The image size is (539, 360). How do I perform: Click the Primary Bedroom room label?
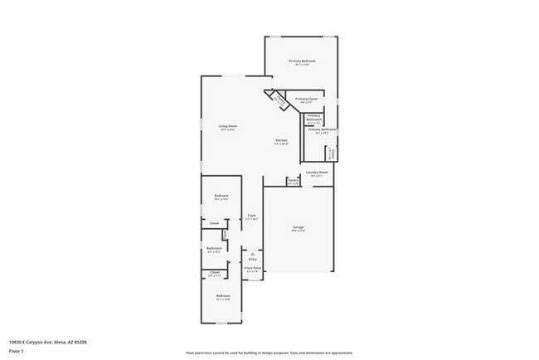coord(302,61)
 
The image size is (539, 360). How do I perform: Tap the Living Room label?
coord(227,126)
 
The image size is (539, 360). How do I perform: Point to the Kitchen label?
coord(282,140)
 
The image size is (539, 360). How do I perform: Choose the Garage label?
coord(299,226)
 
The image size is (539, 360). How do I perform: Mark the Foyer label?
coord(251,215)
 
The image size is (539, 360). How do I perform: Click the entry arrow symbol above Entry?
coord(252,254)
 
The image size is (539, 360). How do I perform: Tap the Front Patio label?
coord(252,268)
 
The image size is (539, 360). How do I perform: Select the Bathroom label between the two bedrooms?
coord(214,249)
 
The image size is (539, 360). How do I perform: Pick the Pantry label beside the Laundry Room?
coord(293,180)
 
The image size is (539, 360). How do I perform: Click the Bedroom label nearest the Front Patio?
coord(222,296)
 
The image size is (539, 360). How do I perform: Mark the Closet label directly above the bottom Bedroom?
coord(215,272)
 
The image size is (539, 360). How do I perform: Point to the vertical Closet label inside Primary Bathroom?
coord(332,153)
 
